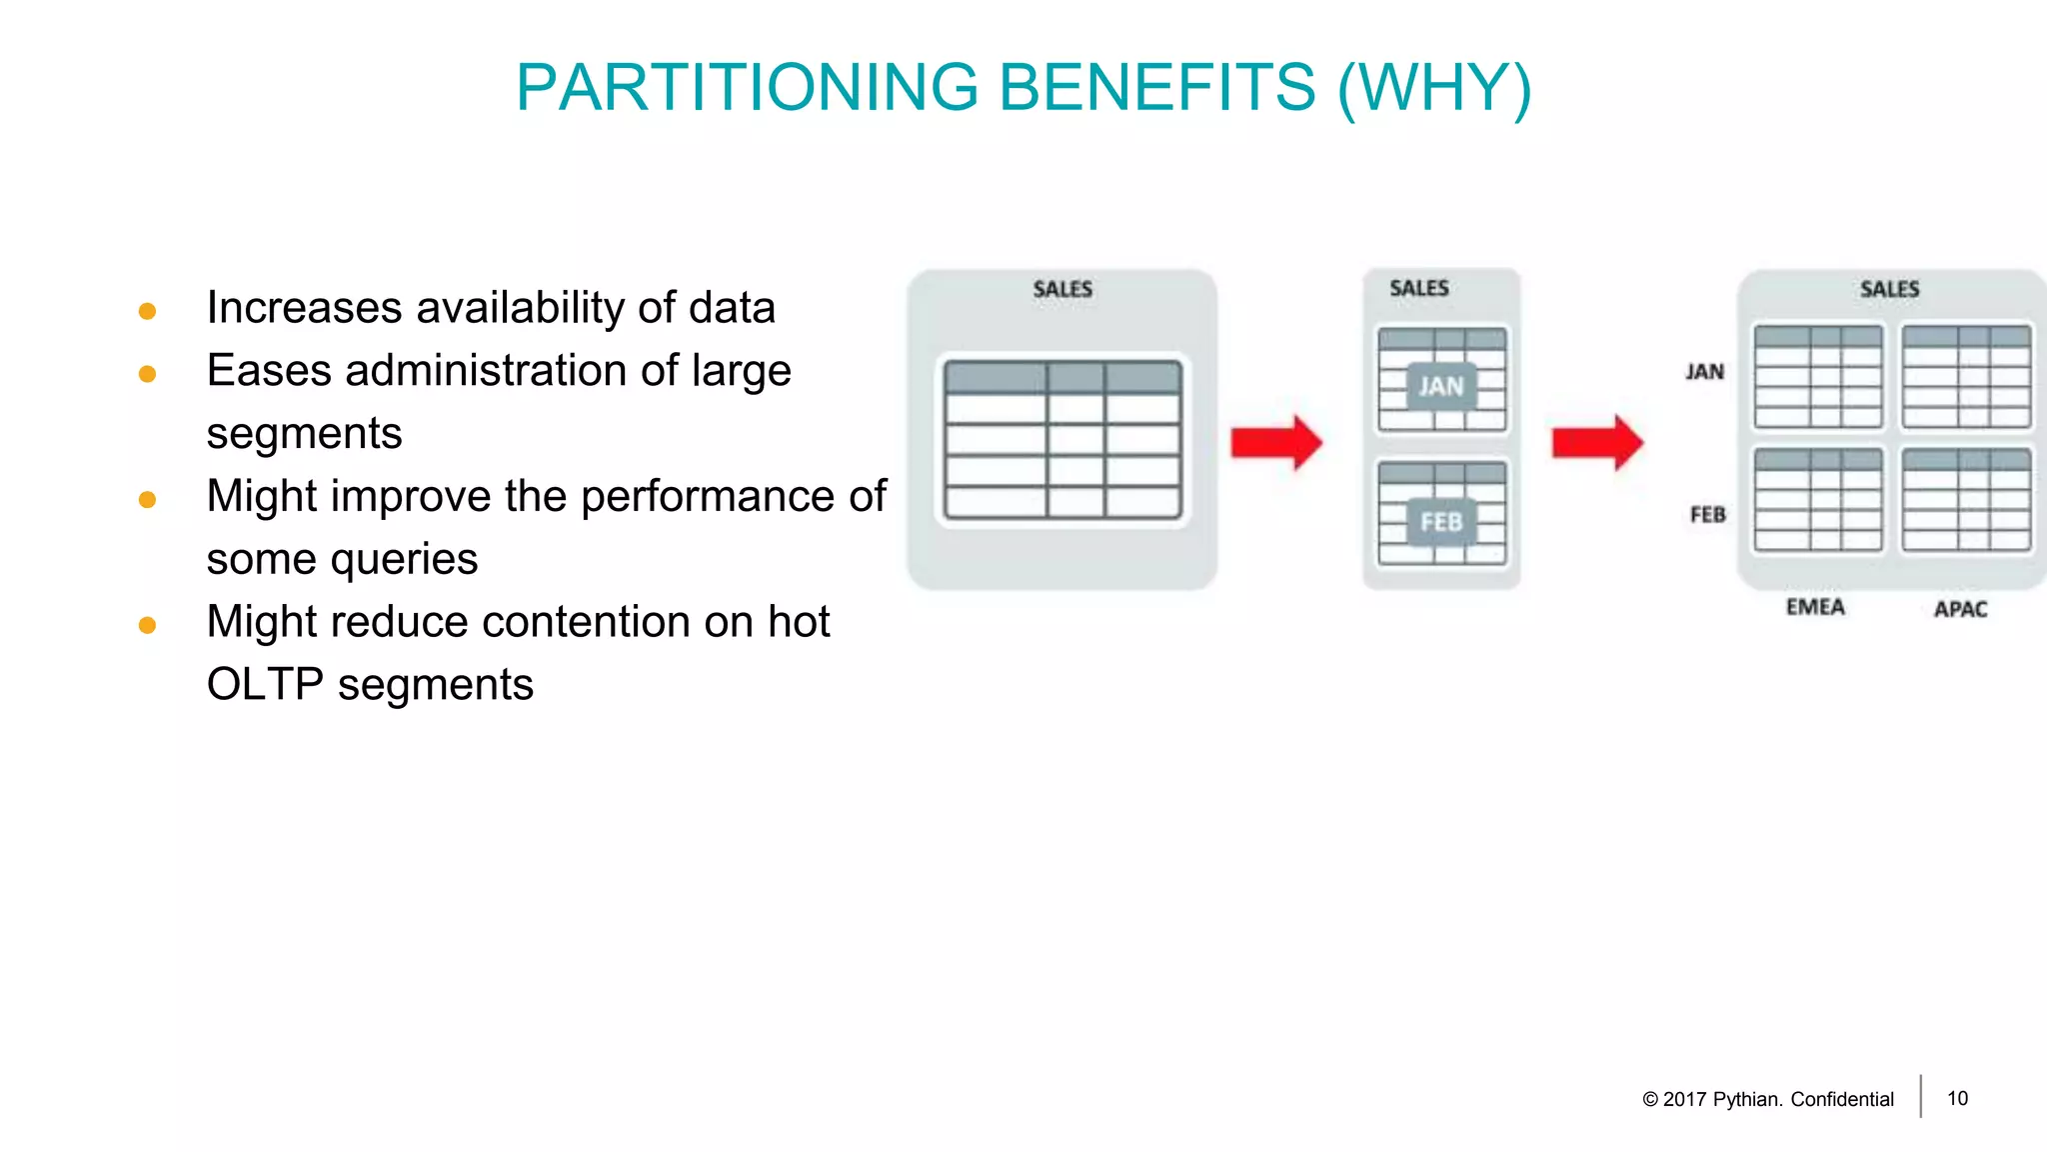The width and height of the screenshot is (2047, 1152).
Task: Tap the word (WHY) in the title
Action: pyautogui.click(x=1434, y=88)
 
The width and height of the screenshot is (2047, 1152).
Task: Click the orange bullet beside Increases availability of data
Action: pyautogui.click(x=147, y=311)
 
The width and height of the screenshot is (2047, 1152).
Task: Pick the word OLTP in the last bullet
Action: pyautogui.click(x=264, y=685)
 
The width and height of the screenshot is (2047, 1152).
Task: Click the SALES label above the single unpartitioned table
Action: pyautogui.click(x=1062, y=290)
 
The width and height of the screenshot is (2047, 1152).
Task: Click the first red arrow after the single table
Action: pyautogui.click(x=1275, y=442)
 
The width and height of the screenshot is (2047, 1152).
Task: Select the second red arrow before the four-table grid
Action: pyautogui.click(x=1596, y=442)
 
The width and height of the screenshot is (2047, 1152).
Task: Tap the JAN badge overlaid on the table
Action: pyautogui.click(x=1440, y=387)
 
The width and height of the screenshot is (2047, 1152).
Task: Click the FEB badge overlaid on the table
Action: pyautogui.click(x=1440, y=522)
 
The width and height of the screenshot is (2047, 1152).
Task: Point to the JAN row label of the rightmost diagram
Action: pyautogui.click(x=1704, y=372)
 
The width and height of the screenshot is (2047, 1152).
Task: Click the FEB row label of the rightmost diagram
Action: pyautogui.click(x=1707, y=515)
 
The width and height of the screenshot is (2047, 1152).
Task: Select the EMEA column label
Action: pyautogui.click(x=1815, y=608)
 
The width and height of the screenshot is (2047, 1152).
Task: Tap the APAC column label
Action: pyautogui.click(x=1960, y=609)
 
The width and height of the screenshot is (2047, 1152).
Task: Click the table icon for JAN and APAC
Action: pyautogui.click(x=1966, y=377)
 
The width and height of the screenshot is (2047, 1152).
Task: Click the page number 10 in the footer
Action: pyautogui.click(x=1957, y=1098)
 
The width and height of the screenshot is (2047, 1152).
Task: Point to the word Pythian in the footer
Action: pyautogui.click(x=1746, y=1099)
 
